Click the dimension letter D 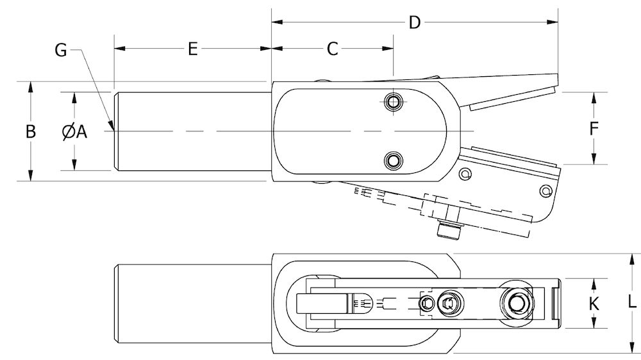tap(415, 22)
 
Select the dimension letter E tap(192, 49)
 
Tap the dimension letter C tap(332, 49)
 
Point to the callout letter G tap(61, 50)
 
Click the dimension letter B tap(30, 131)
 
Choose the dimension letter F tap(594, 128)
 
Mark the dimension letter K tap(594, 304)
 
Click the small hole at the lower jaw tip tap(545, 190)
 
